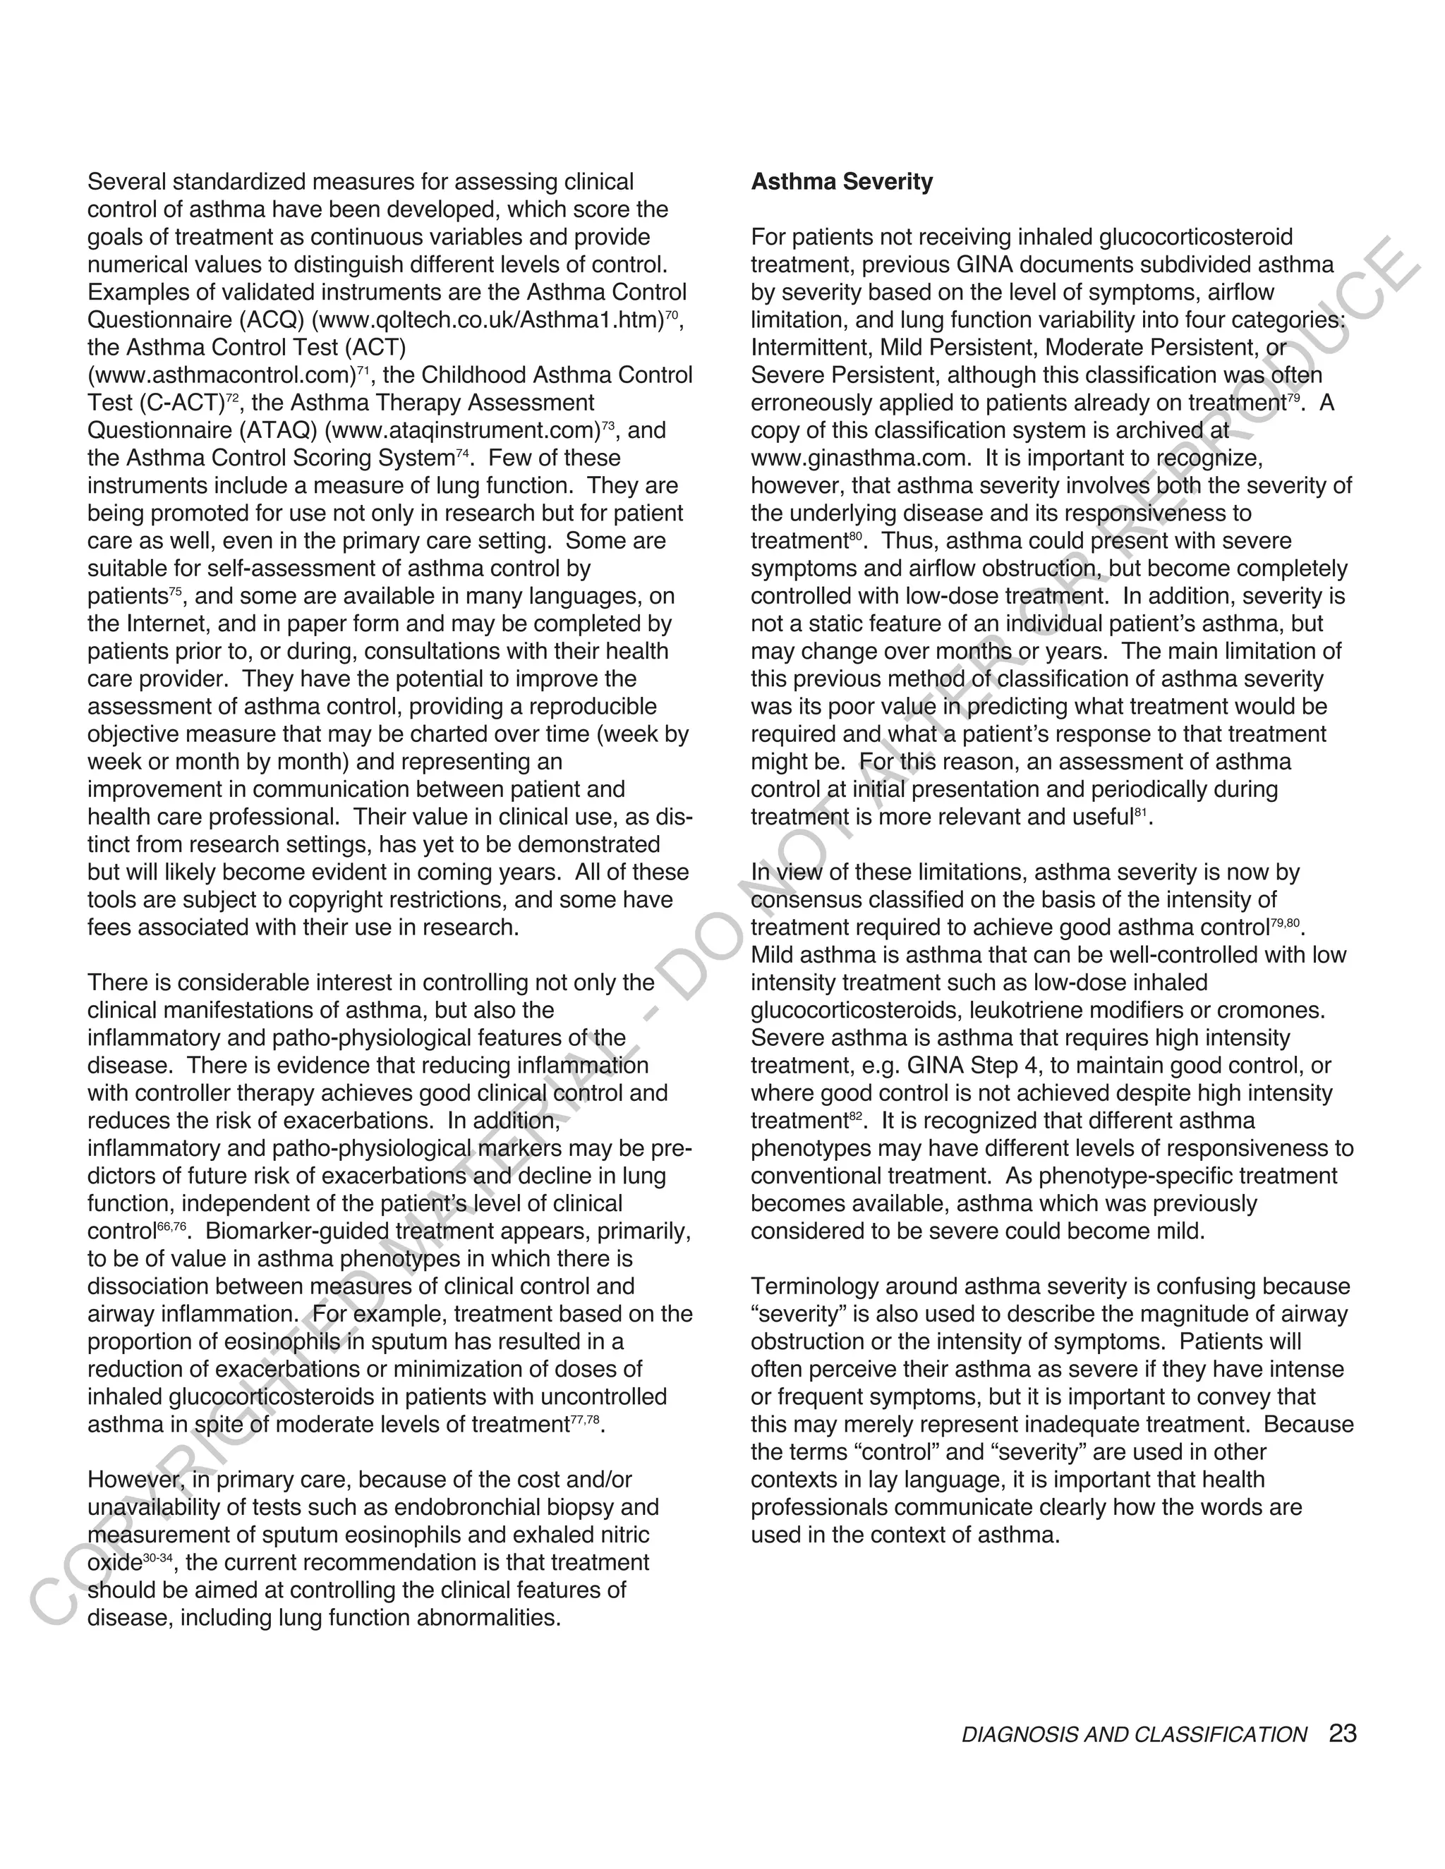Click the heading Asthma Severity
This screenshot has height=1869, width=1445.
(x=842, y=182)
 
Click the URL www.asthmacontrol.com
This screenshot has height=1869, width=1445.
(x=220, y=376)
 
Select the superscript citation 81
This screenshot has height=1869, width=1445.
(x=1140, y=813)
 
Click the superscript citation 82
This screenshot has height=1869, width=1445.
(x=856, y=1116)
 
